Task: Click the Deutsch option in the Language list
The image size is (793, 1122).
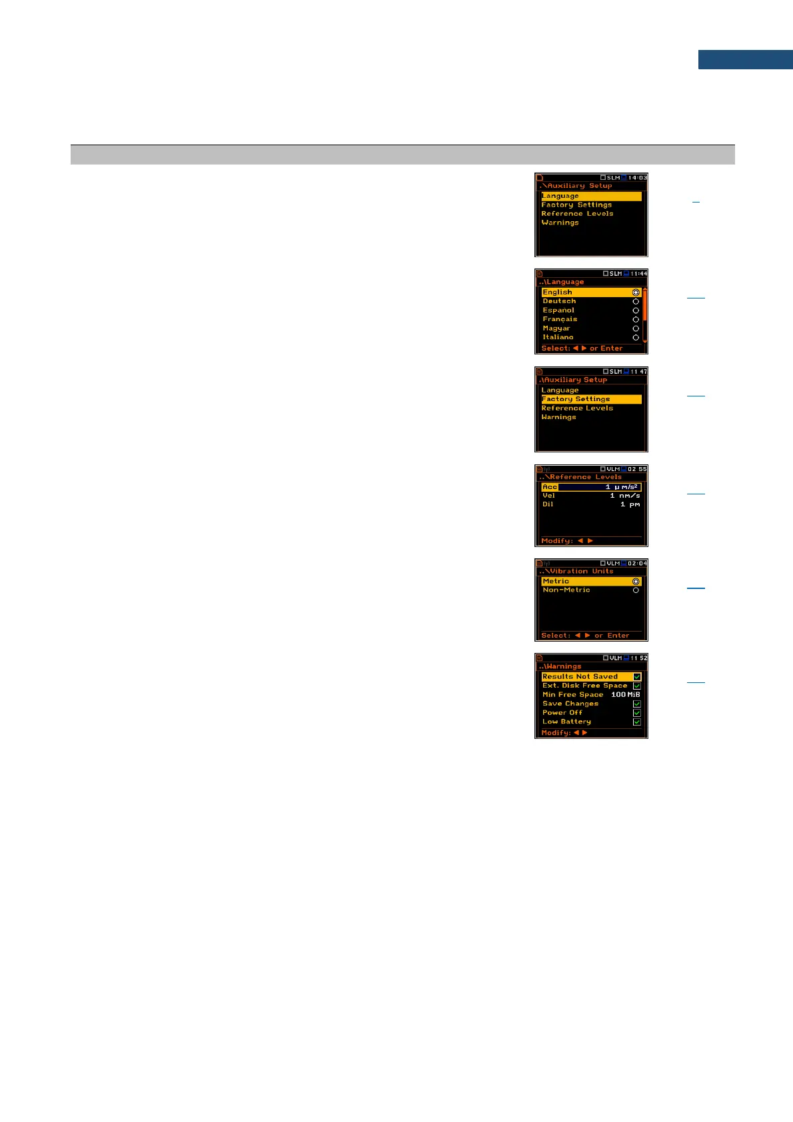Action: tap(559, 301)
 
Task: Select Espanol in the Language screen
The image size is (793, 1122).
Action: tap(558, 310)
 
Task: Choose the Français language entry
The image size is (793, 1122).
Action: tap(560, 319)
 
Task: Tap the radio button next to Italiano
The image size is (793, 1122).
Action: tap(636, 338)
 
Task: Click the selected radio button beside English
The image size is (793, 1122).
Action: tap(636, 292)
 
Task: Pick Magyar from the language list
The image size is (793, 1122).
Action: tap(556, 328)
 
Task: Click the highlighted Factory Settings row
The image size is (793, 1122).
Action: tap(591, 399)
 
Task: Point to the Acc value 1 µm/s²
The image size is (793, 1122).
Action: tap(622, 487)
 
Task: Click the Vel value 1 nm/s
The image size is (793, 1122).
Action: tap(624, 496)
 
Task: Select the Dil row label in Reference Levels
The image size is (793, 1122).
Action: tap(548, 504)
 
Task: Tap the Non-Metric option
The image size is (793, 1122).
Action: tap(566, 590)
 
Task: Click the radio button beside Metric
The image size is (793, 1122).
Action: tap(636, 582)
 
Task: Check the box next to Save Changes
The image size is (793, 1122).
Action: tap(637, 704)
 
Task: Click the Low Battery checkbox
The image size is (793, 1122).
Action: tap(637, 722)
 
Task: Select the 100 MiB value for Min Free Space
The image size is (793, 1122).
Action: tap(625, 694)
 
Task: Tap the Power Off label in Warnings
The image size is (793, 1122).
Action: tap(562, 712)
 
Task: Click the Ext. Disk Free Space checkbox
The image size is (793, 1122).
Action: tap(637, 686)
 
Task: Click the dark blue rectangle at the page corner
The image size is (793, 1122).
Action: tap(745, 59)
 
